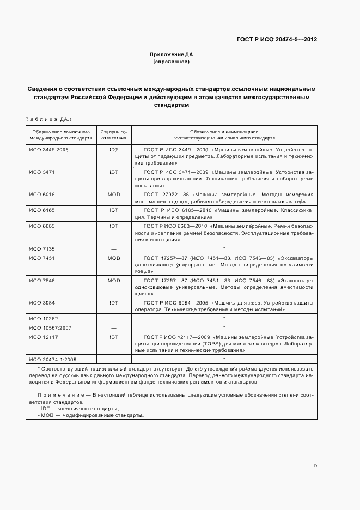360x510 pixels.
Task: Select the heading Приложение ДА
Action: click(x=172, y=55)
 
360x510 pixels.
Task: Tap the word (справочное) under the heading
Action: click(x=172, y=62)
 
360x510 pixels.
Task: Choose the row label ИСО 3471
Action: click(x=41, y=172)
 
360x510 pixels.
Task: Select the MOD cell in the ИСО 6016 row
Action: click(x=114, y=194)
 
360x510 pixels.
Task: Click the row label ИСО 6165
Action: click(x=41, y=209)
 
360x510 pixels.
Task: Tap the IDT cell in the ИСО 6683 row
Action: click(x=114, y=225)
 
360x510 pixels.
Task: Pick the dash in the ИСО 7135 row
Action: click(x=114, y=248)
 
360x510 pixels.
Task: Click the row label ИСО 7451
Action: click(x=41, y=258)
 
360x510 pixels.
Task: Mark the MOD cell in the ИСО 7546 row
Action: click(x=114, y=280)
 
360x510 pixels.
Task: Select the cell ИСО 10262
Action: click(x=43, y=318)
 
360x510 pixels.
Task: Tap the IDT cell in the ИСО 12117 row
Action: click(x=114, y=337)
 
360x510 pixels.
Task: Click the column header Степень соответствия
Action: click(x=114, y=135)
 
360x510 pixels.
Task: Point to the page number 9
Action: click(x=315, y=465)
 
